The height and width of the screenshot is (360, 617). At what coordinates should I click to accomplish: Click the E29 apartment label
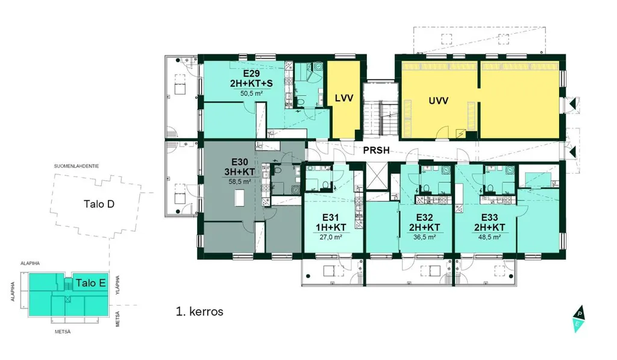(251, 73)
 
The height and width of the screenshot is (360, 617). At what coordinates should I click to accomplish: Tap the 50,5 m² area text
(251, 93)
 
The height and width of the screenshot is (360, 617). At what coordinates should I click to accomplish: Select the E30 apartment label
(240, 162)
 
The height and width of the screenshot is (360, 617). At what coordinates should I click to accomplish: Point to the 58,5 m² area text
(240, 182)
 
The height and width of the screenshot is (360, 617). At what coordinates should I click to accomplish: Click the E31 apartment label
(331, 218)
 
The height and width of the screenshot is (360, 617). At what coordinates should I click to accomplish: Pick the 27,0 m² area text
(331, 237)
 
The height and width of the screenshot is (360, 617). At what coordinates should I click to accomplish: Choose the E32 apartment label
(425, 218)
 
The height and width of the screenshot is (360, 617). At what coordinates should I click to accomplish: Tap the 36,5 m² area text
(425, 237)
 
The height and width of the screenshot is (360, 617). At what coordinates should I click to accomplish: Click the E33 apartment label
(489, 218)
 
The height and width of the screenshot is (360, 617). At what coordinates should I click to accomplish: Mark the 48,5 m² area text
(489, 237)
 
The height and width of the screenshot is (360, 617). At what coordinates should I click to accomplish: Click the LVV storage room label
(344, 98)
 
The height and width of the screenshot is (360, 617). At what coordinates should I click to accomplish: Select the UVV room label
(439, 101)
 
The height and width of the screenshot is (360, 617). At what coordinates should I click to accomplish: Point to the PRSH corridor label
(376, 150)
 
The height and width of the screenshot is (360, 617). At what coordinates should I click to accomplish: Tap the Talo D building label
(99, 204)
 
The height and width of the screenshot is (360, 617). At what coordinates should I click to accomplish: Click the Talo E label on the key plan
(90, 283)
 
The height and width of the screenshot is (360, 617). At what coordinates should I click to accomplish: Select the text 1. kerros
(199, 312)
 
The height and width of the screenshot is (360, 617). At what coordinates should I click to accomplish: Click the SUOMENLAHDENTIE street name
(77, 166)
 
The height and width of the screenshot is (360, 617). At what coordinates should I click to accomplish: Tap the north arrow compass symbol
(579, 318)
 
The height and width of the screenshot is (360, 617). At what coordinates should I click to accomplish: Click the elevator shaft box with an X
(377, 175)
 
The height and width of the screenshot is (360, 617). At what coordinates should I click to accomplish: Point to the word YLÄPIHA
(118, 285)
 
